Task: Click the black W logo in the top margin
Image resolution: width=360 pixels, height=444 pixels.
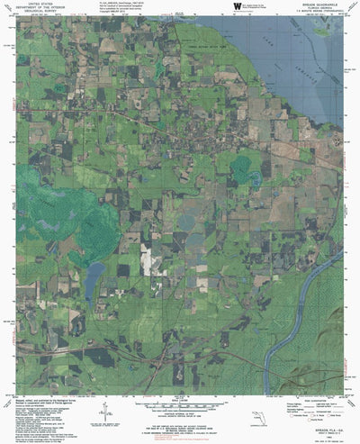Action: [x=239, y=7]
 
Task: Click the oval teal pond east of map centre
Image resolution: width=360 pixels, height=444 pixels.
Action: [x=241, y=166]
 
